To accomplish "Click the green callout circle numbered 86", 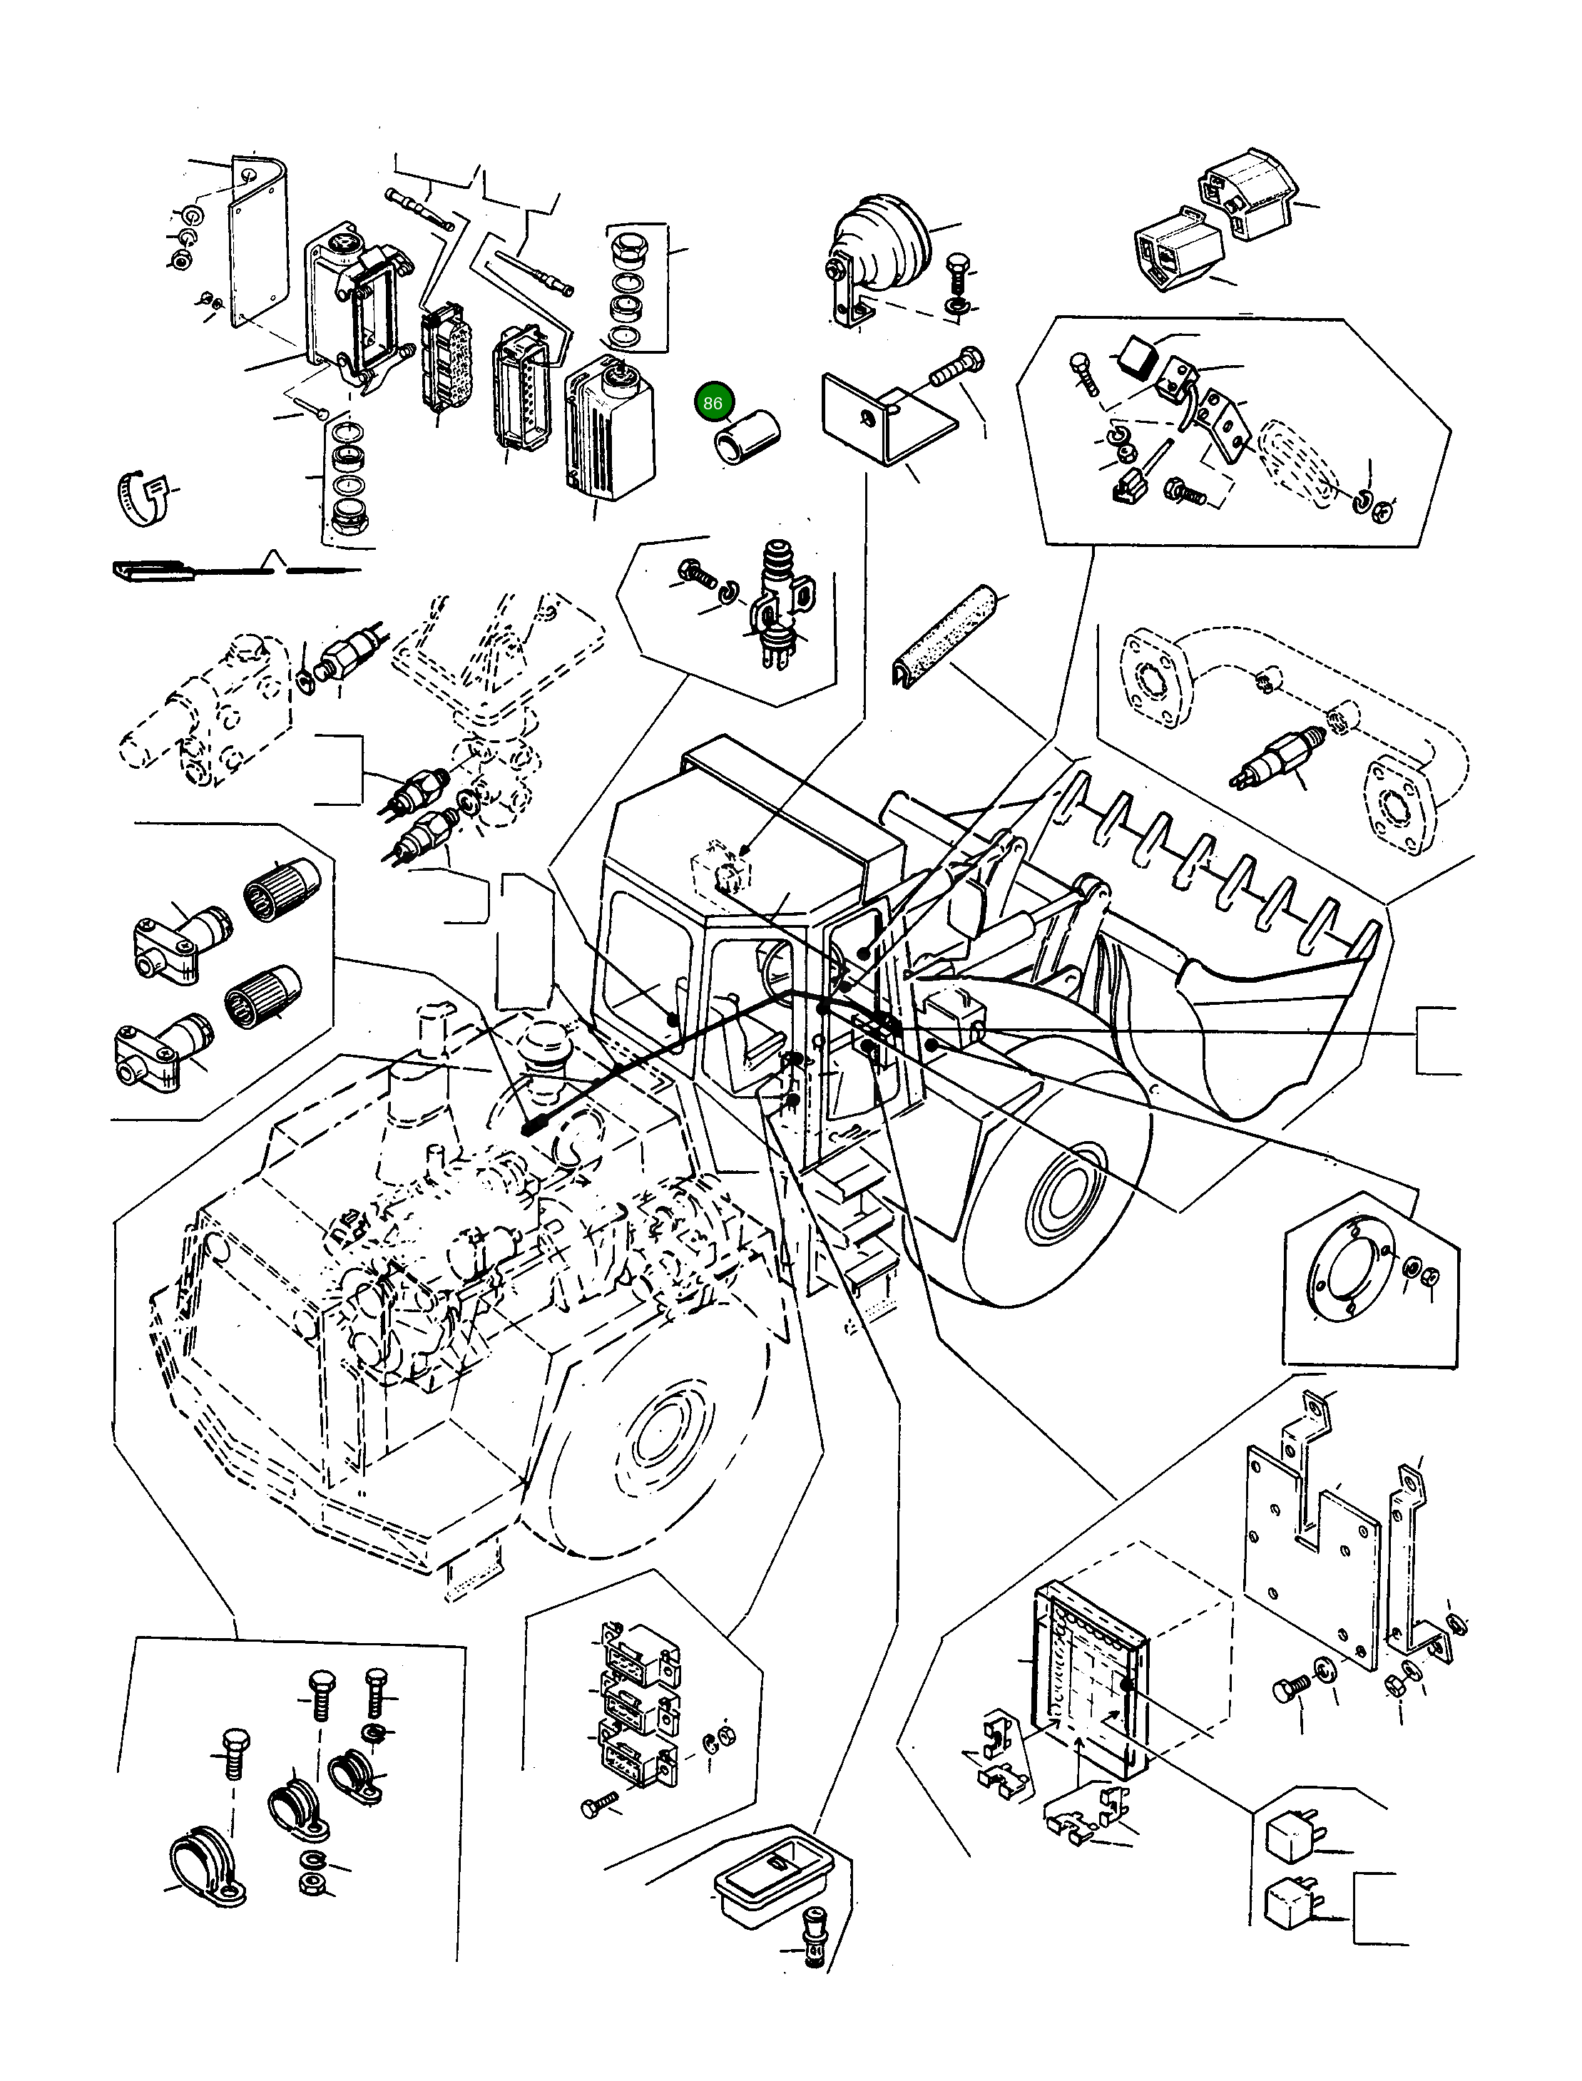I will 713,403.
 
